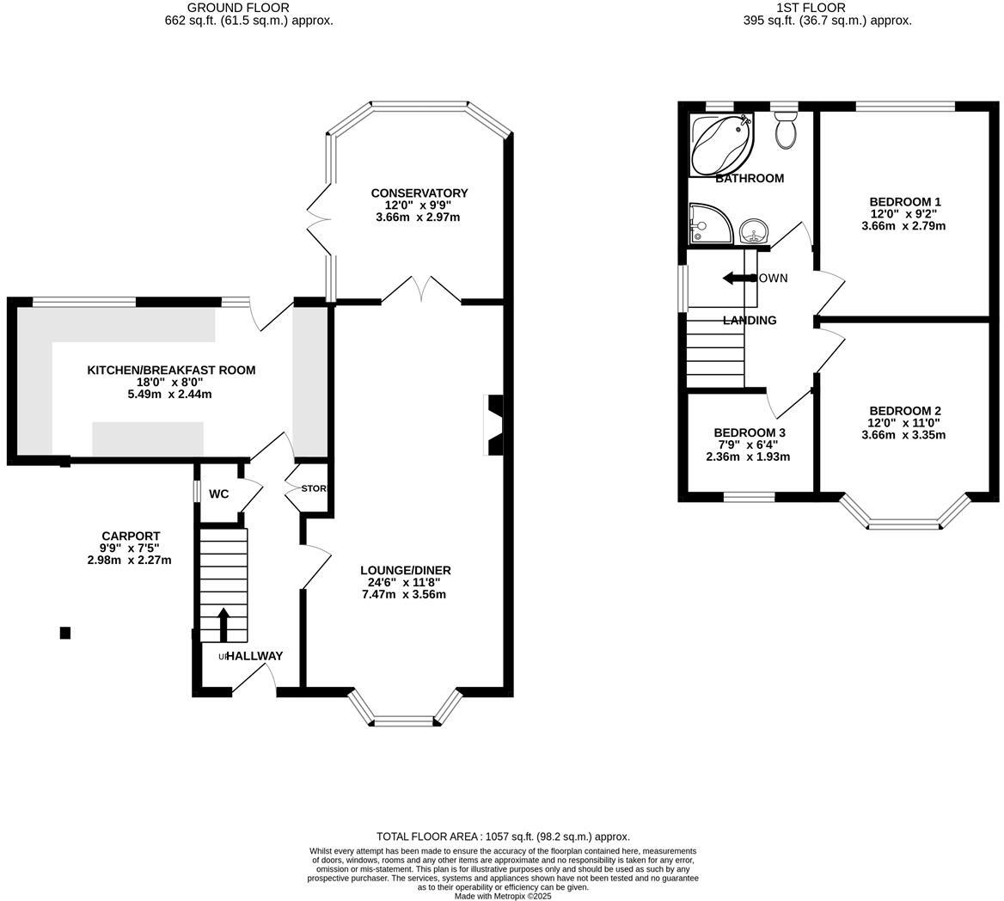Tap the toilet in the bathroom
(x=786, y=131)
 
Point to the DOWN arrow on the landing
(x=738, y=278)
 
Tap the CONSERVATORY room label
(x=419, y=193)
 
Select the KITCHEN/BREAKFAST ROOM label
(x=171, y=371)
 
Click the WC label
(x=218, y=494)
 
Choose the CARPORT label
(x=131, y=536)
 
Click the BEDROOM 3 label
(x=749, y=432)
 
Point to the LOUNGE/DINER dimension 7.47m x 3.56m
(x=405, y=594)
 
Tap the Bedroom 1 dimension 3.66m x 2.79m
(x=903, y=226)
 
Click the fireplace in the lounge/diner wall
(x=495, y=425)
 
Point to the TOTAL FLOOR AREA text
(x=503, y=836)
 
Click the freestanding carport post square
(x=64, y=633)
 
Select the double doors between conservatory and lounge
(x=421, y=291)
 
